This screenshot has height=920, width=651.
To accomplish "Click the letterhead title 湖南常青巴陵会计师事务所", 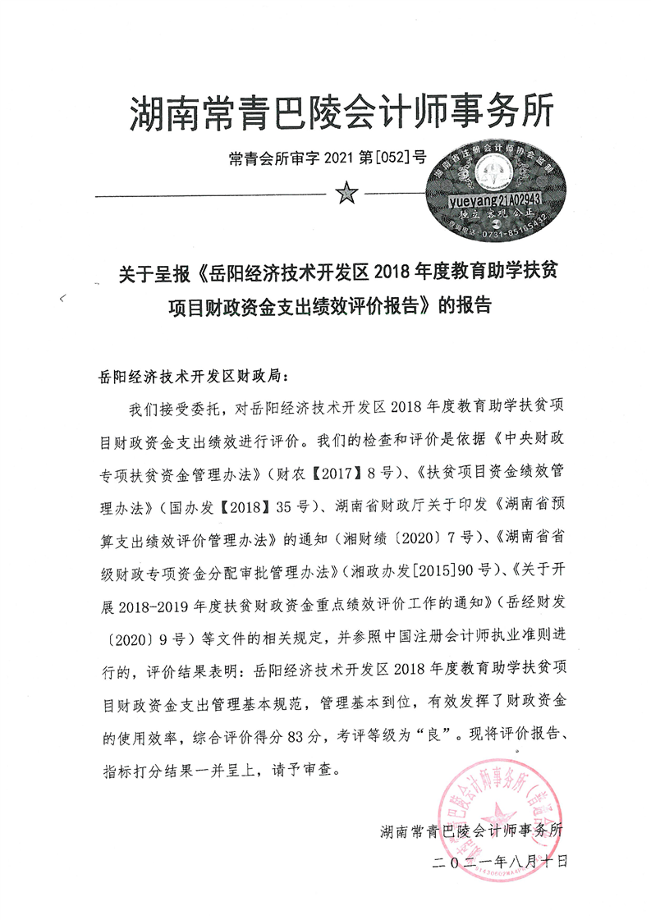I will tap(342, 113).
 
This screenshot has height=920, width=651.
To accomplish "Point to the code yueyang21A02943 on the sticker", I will tap(490, 199).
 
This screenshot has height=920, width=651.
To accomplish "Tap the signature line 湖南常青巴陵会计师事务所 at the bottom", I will tap(473, 831).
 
